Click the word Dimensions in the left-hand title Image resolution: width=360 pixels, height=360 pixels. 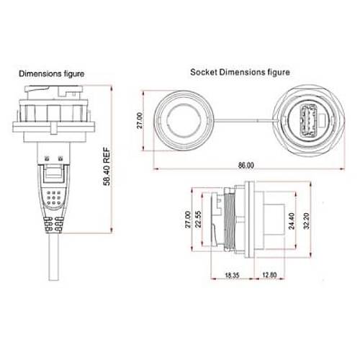click(x=40, y=73)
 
